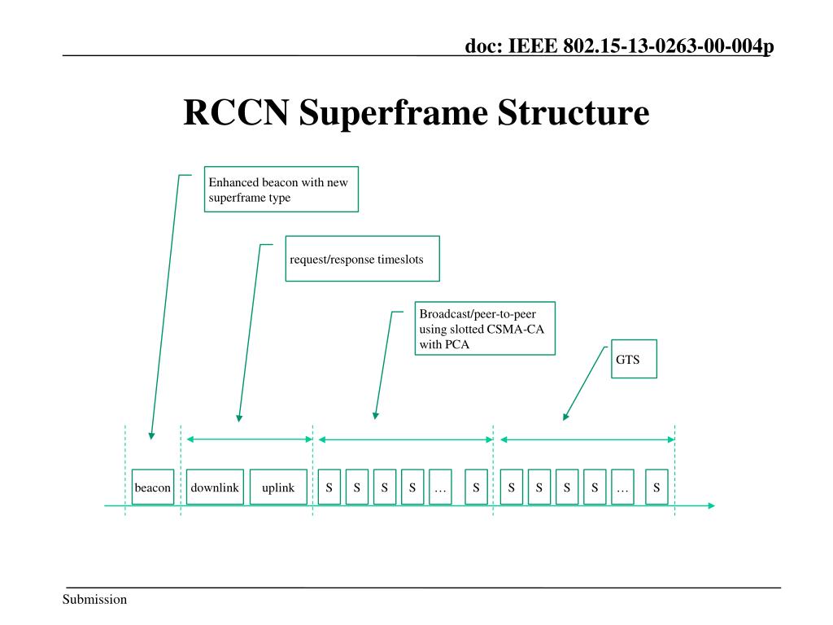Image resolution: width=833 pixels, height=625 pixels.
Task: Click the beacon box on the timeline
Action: pyautogui.click(x=153, y=487)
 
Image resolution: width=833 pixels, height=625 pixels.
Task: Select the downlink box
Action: pyautogui.click(x=215, y=487)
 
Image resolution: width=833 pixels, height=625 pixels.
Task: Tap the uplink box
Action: pyautogui.click(x=278, y=487)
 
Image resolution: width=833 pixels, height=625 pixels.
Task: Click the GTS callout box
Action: pyautogui.click(x=634, y=360)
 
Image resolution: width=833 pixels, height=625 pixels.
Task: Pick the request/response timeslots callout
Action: pyautogui.click(x=362, y=259)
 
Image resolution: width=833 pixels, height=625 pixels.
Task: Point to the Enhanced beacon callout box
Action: pyautogui.click(x=281, y=190)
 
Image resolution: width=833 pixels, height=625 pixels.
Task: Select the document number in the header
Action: pyautogui.click(x=619, y=46)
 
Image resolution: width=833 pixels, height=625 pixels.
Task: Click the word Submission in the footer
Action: pyautogui.click(x=95, y=600)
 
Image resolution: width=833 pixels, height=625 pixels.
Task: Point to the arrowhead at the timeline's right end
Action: pyautogui.click(x=712, y=506)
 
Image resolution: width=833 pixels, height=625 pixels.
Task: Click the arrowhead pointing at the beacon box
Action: pyautogui.click(x=151, y=435)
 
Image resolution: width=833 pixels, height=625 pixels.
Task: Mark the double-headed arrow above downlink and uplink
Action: pyautogui.click(x=250, y=439)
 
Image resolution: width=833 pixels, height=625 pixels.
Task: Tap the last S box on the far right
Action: pyautogui.click(x=656, y=487)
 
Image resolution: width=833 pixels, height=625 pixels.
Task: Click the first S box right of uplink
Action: pyautogui.click(x=329, y=487)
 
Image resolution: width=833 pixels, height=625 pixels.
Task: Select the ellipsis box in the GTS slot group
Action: pyautogui.click(x=622, y=487)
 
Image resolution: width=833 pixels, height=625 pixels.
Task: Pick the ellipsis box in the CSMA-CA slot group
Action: pyautogui.click(x=440, y=487)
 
